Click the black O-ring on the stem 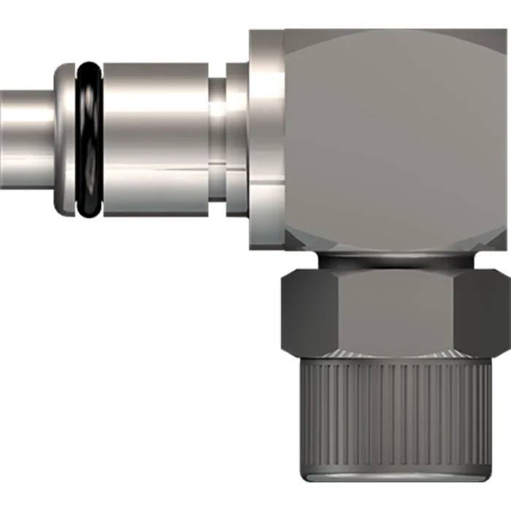point(89,139)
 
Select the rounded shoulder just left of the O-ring point(64,139)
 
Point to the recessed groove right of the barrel point(218,139)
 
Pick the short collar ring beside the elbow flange point(237,139)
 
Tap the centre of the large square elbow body point(394,139)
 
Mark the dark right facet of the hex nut point(485,307)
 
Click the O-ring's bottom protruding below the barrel point(89,212)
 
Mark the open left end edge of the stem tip point(3,139)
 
